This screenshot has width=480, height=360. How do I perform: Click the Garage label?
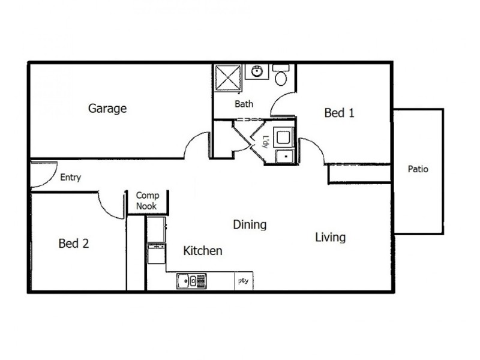(107, 109)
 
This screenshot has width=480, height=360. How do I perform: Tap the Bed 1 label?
(339, 112)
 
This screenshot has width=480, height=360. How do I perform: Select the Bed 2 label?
(74, 244)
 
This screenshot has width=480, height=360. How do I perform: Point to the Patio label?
(418, 169)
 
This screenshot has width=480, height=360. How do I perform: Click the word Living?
(330, 237)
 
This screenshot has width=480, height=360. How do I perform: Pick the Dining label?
(250, 225)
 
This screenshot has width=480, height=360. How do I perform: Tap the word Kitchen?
(203, 251)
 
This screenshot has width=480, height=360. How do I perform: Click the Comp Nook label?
(146, 200)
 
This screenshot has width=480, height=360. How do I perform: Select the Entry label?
(71, 178)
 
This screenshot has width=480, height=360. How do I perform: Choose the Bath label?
(244, 104)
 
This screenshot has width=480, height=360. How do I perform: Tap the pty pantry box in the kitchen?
(243, 281)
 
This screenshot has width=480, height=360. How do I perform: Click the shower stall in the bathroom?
(228, 77)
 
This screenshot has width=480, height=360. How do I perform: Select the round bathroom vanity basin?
(257, 72)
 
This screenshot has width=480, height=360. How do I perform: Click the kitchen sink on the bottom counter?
(191, 280)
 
